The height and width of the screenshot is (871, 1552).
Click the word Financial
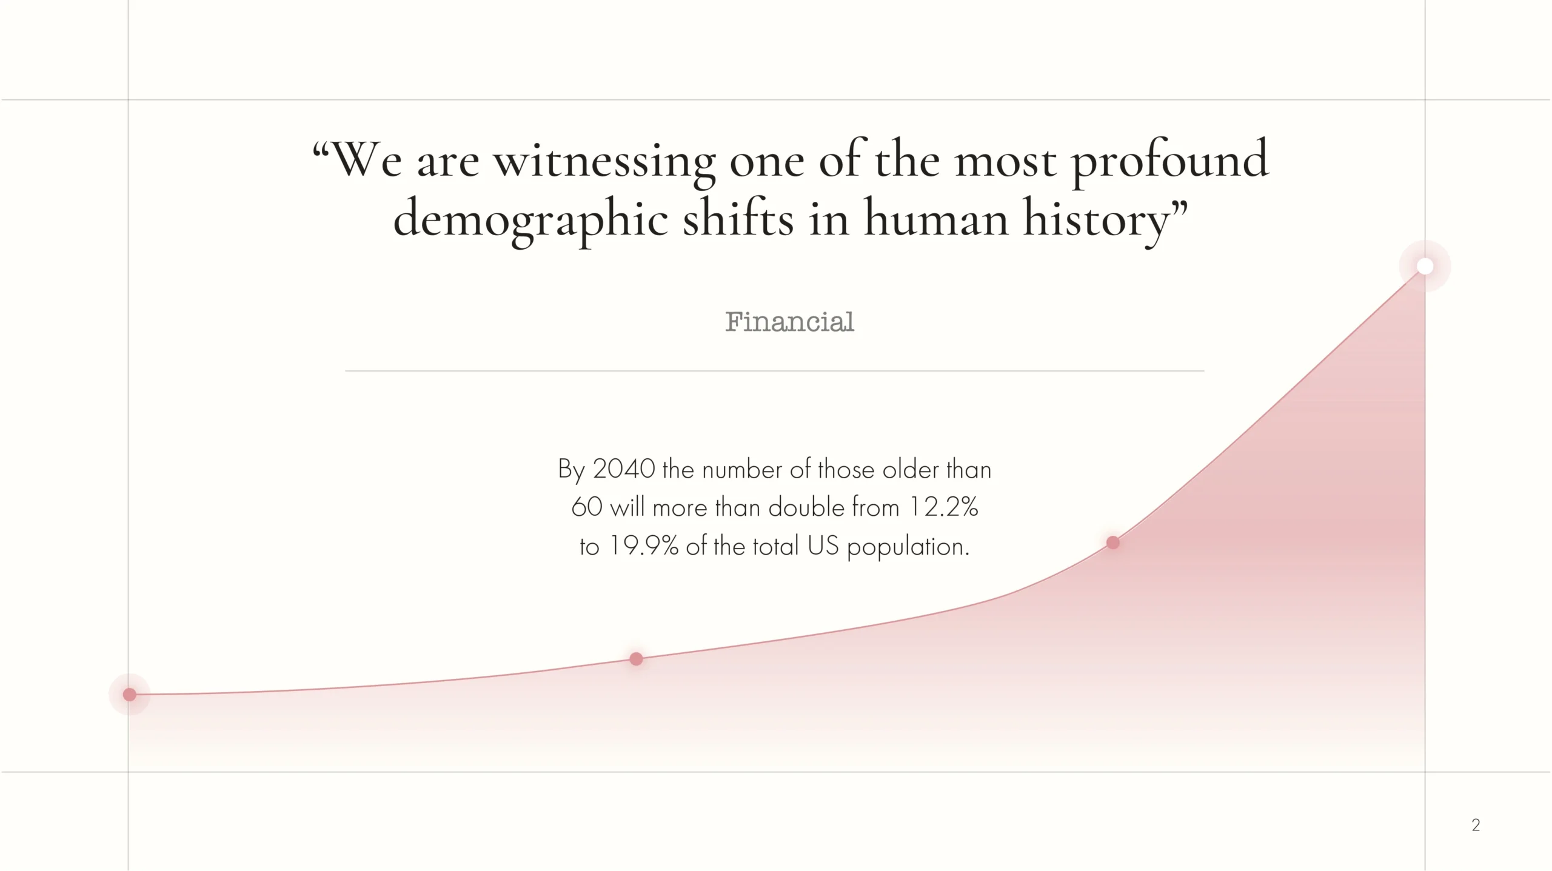[789, 322]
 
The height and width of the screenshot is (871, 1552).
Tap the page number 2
[1476, 824]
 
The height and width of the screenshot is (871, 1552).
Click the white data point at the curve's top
[1425, 266]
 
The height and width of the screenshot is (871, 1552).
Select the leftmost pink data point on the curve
[130, 694]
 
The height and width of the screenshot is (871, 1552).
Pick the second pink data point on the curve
[636, 659]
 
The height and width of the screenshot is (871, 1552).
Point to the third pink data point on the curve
[1113, 542]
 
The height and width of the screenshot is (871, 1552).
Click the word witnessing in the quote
[604, 162]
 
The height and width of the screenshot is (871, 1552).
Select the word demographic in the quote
[530, 219]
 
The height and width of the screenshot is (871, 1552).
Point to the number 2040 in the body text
[624, 469]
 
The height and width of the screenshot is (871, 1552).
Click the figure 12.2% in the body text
[943, 507]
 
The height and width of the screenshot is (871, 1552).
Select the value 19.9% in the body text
[643, 546]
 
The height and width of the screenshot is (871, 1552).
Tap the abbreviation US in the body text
[823, 546]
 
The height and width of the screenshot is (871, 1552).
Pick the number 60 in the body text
[587, 507]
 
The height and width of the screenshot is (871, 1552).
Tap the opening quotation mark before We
[321, 150]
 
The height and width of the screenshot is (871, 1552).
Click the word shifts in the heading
[738, 218]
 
